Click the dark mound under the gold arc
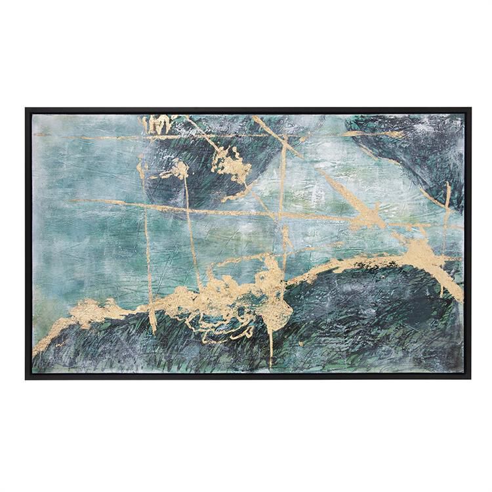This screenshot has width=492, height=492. [374, 315]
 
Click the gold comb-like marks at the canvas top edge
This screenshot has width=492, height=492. [157, 123]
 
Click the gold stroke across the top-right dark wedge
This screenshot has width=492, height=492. [374, 134]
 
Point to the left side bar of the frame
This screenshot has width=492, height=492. [28, 243]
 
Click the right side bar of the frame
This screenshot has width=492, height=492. [468, 243]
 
